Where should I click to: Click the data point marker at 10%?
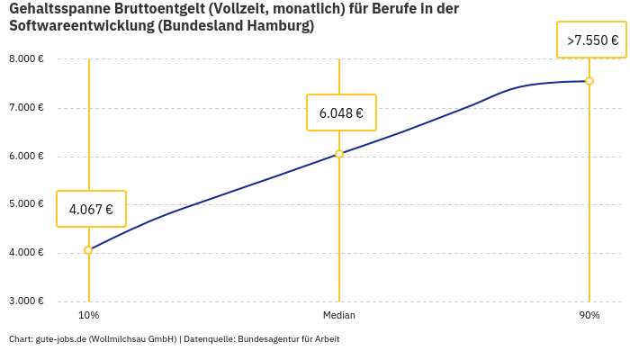click(x=88, y=250)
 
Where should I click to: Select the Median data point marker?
click(x=339, y=154)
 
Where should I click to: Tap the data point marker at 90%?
click(x=589, y=81)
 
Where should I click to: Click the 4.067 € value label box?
click(x=91, y=209)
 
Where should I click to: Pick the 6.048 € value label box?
click(x=341, y=112)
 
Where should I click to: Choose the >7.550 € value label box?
click(x=591, y=40)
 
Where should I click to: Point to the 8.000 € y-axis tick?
click(x=26, y=59)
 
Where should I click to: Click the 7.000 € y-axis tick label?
click(x=26, y=108)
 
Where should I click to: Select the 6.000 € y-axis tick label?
click(x=26, y=157)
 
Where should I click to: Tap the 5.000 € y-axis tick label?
click(x=26, y=204)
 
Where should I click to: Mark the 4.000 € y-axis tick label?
click(x=26, y=253)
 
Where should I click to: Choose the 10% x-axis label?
click(x=88, y=316)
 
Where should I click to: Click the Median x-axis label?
click(x=339, y=316)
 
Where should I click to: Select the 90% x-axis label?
click(x=589, y=316)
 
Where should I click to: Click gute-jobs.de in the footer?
click(x=60, y=339)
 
